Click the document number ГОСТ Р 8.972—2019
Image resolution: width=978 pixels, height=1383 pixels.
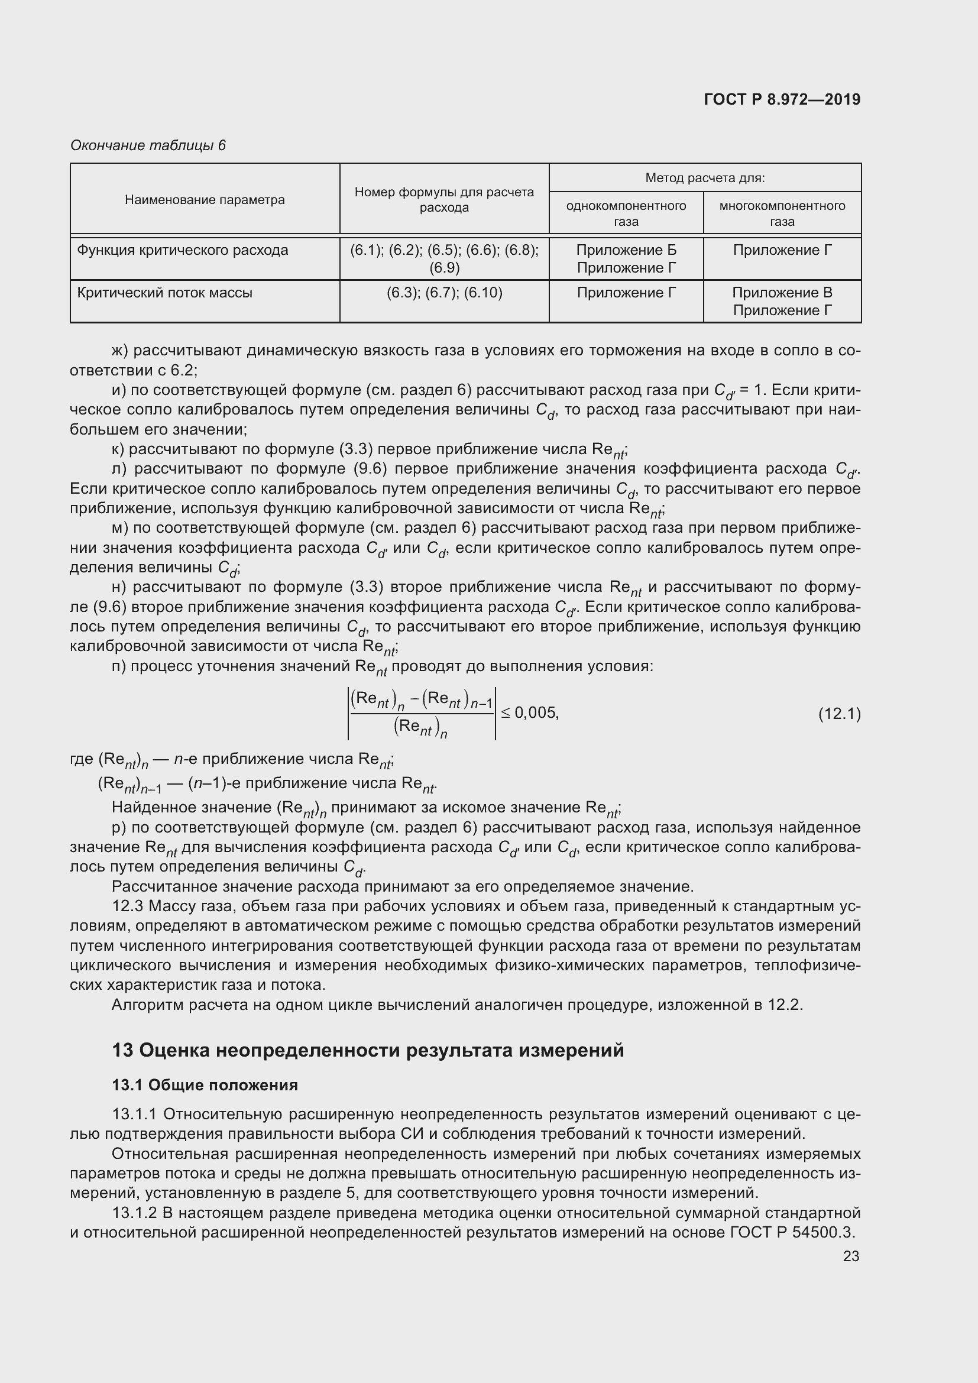(782, 99)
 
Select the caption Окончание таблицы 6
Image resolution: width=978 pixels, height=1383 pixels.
(148, 145)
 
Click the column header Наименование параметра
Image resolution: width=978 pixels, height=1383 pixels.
(205, 199)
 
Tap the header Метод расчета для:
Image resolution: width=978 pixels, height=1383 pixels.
(705, 178)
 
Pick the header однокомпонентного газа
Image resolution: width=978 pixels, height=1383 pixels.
(626, 213)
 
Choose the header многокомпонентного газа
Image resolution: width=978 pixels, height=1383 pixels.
(782, 213)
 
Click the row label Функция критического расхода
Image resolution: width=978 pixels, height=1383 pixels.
(183, 250)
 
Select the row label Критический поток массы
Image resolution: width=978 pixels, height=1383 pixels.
(164, 293)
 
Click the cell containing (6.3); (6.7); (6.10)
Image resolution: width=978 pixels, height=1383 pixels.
(444, 293)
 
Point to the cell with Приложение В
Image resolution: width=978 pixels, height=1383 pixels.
(782, 293)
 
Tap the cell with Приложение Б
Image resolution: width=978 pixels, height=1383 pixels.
(626, 250)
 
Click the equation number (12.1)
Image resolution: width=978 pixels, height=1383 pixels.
(839, 714)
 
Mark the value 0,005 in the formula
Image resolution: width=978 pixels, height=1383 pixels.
(536, 713)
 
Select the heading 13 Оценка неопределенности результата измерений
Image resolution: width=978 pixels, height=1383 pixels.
(367, 1050)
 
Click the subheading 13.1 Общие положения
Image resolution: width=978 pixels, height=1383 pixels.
(205, 1085)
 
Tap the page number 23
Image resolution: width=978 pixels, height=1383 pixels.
(850, 1256)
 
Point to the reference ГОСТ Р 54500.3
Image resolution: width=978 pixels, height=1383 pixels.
(792, 1232)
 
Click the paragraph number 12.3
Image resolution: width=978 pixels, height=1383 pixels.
(127, 906)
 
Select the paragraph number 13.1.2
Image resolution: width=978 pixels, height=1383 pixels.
(134, 1213)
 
